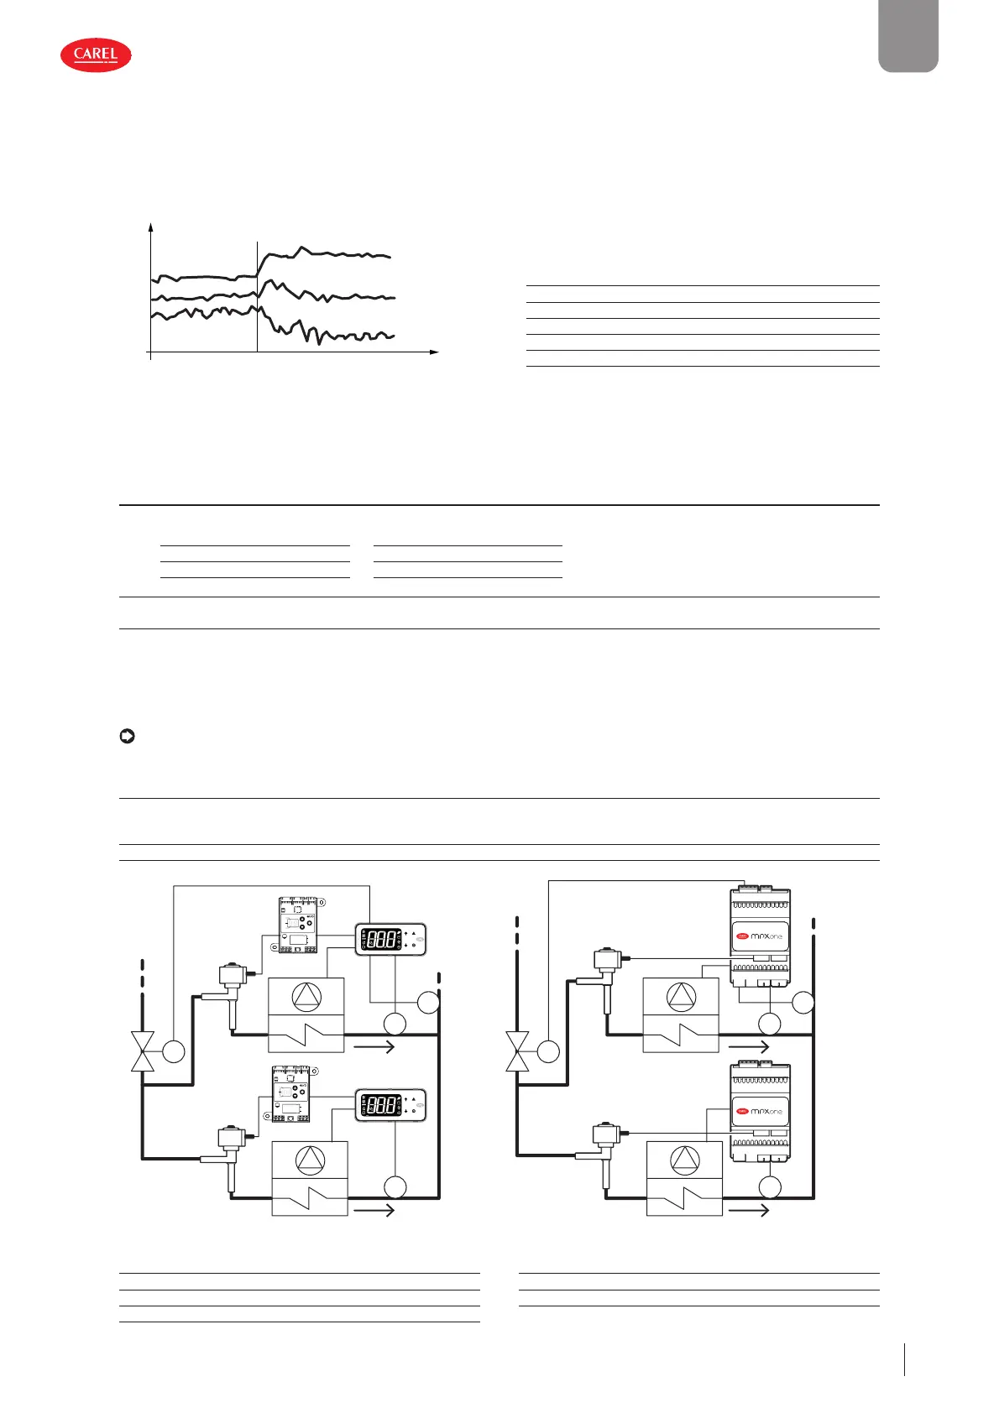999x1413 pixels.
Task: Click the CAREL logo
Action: [x=96, y=55]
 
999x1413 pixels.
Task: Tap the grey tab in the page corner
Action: [x=908, y=35]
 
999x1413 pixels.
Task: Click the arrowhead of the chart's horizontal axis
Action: [x=434, y=352]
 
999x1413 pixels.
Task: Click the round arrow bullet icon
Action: [x=128, y=737]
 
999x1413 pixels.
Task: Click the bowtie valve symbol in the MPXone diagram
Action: [x=518, y=1051]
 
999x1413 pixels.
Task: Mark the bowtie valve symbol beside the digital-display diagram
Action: [x=144, y=1051]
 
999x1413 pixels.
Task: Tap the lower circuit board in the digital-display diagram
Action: [x=291, y=1094]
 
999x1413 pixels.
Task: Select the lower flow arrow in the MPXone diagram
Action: [x=748, y=1210]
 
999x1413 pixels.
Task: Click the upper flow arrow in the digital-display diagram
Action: [x=374, y=1046]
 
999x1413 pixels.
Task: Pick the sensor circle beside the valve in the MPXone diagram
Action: [x=548, y=1051]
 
